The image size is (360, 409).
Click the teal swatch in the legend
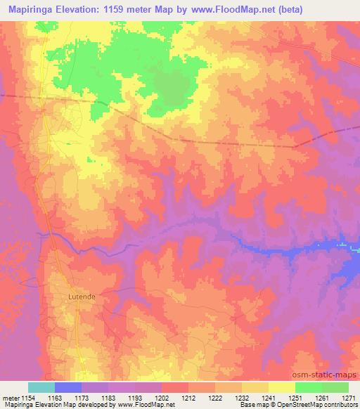tap(41, 387)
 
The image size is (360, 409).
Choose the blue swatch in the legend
tap(67, 387)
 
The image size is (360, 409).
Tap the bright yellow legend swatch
tap(281, 387)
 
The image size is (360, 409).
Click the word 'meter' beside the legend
tap(10, 398)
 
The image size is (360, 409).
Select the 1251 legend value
tap(295, 398)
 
